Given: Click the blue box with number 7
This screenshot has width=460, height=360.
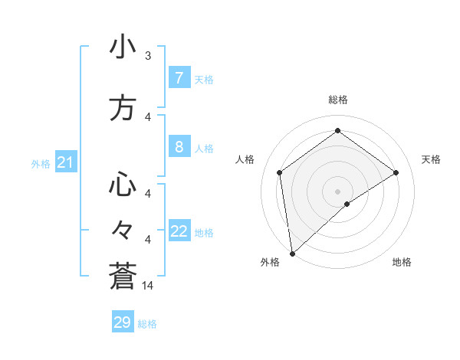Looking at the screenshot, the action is pyautogui.click(x=179, y=77).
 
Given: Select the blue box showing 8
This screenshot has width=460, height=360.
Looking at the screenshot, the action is pyautogui.click(x=179, y=146).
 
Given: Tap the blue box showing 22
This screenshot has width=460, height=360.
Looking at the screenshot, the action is pyautogui.click(x=179, y=231).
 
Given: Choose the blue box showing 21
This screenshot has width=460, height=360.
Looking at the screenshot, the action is pyautogui.click(x=65, y=162).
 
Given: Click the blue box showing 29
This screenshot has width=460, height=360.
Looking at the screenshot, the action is pyautogui.click(x=122, y=322).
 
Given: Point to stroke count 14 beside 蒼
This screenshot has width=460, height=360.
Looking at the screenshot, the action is pyautogui.click(x=149, y=286).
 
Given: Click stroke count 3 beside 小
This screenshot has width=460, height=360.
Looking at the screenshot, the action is pyautogui.click(x=148, y=55).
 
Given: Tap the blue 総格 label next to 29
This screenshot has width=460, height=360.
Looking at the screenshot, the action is pyautogui.click(x=147, y=324).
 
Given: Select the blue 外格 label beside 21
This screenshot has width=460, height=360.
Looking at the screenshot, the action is pyautogui.click(x=41, y=163).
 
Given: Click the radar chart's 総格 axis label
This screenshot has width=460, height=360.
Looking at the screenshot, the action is pyautogui.click(x=338, y=100).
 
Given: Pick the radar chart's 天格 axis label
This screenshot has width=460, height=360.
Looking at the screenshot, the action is pyautogui.click(x=432, y=159).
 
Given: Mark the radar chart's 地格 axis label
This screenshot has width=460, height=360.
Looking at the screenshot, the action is pyautogui.click(x=402, y=263).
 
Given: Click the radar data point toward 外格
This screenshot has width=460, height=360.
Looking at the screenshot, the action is pyautogui.click(x=292, y=253).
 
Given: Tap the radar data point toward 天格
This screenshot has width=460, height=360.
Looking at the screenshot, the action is pyautogui.click(x=396, y=172).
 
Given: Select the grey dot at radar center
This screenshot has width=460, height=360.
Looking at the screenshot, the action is pyautogui.click(x=338, y=191).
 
